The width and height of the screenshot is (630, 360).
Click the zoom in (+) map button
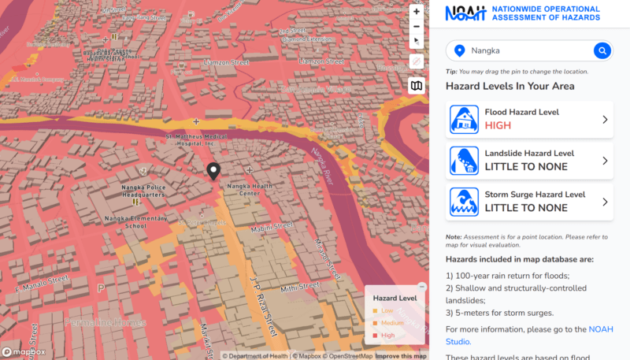pyautogui.click(x=417, y=12)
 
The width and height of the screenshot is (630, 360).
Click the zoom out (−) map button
pyautogui.click(x=417, y=26)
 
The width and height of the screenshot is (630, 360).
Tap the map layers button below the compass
pyautogui.click(x=417, y=87)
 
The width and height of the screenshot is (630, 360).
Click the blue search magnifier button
pyautogui.click(x=602, y=51)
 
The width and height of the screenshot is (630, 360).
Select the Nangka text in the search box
pyautogui.click(x=485, y=51)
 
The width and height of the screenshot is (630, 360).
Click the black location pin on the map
pyautogui.click(x=213, y=172)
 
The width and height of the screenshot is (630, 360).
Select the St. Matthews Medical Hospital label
pyautogui.click(x=195, y=139)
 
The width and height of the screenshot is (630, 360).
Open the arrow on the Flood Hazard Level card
pyautogui.click(x=605, y=120)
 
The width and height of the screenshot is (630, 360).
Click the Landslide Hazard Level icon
pyautogui.click(x=464, y=161)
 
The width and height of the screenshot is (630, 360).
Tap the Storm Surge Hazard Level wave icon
pyautogui.click(x=464, y=202)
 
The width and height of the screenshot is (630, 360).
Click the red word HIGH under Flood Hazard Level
pyautogui.click(x=498, y=126)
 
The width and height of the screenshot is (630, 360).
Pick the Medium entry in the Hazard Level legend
pyautogui.click(x=392, y=323)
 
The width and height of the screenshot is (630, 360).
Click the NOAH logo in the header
pyautogui.click(x=465, y=13)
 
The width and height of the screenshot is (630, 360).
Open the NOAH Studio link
pyautogui.click(x=458, y=341)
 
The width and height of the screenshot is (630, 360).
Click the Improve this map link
pyautogui.click(x=401, y=356)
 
